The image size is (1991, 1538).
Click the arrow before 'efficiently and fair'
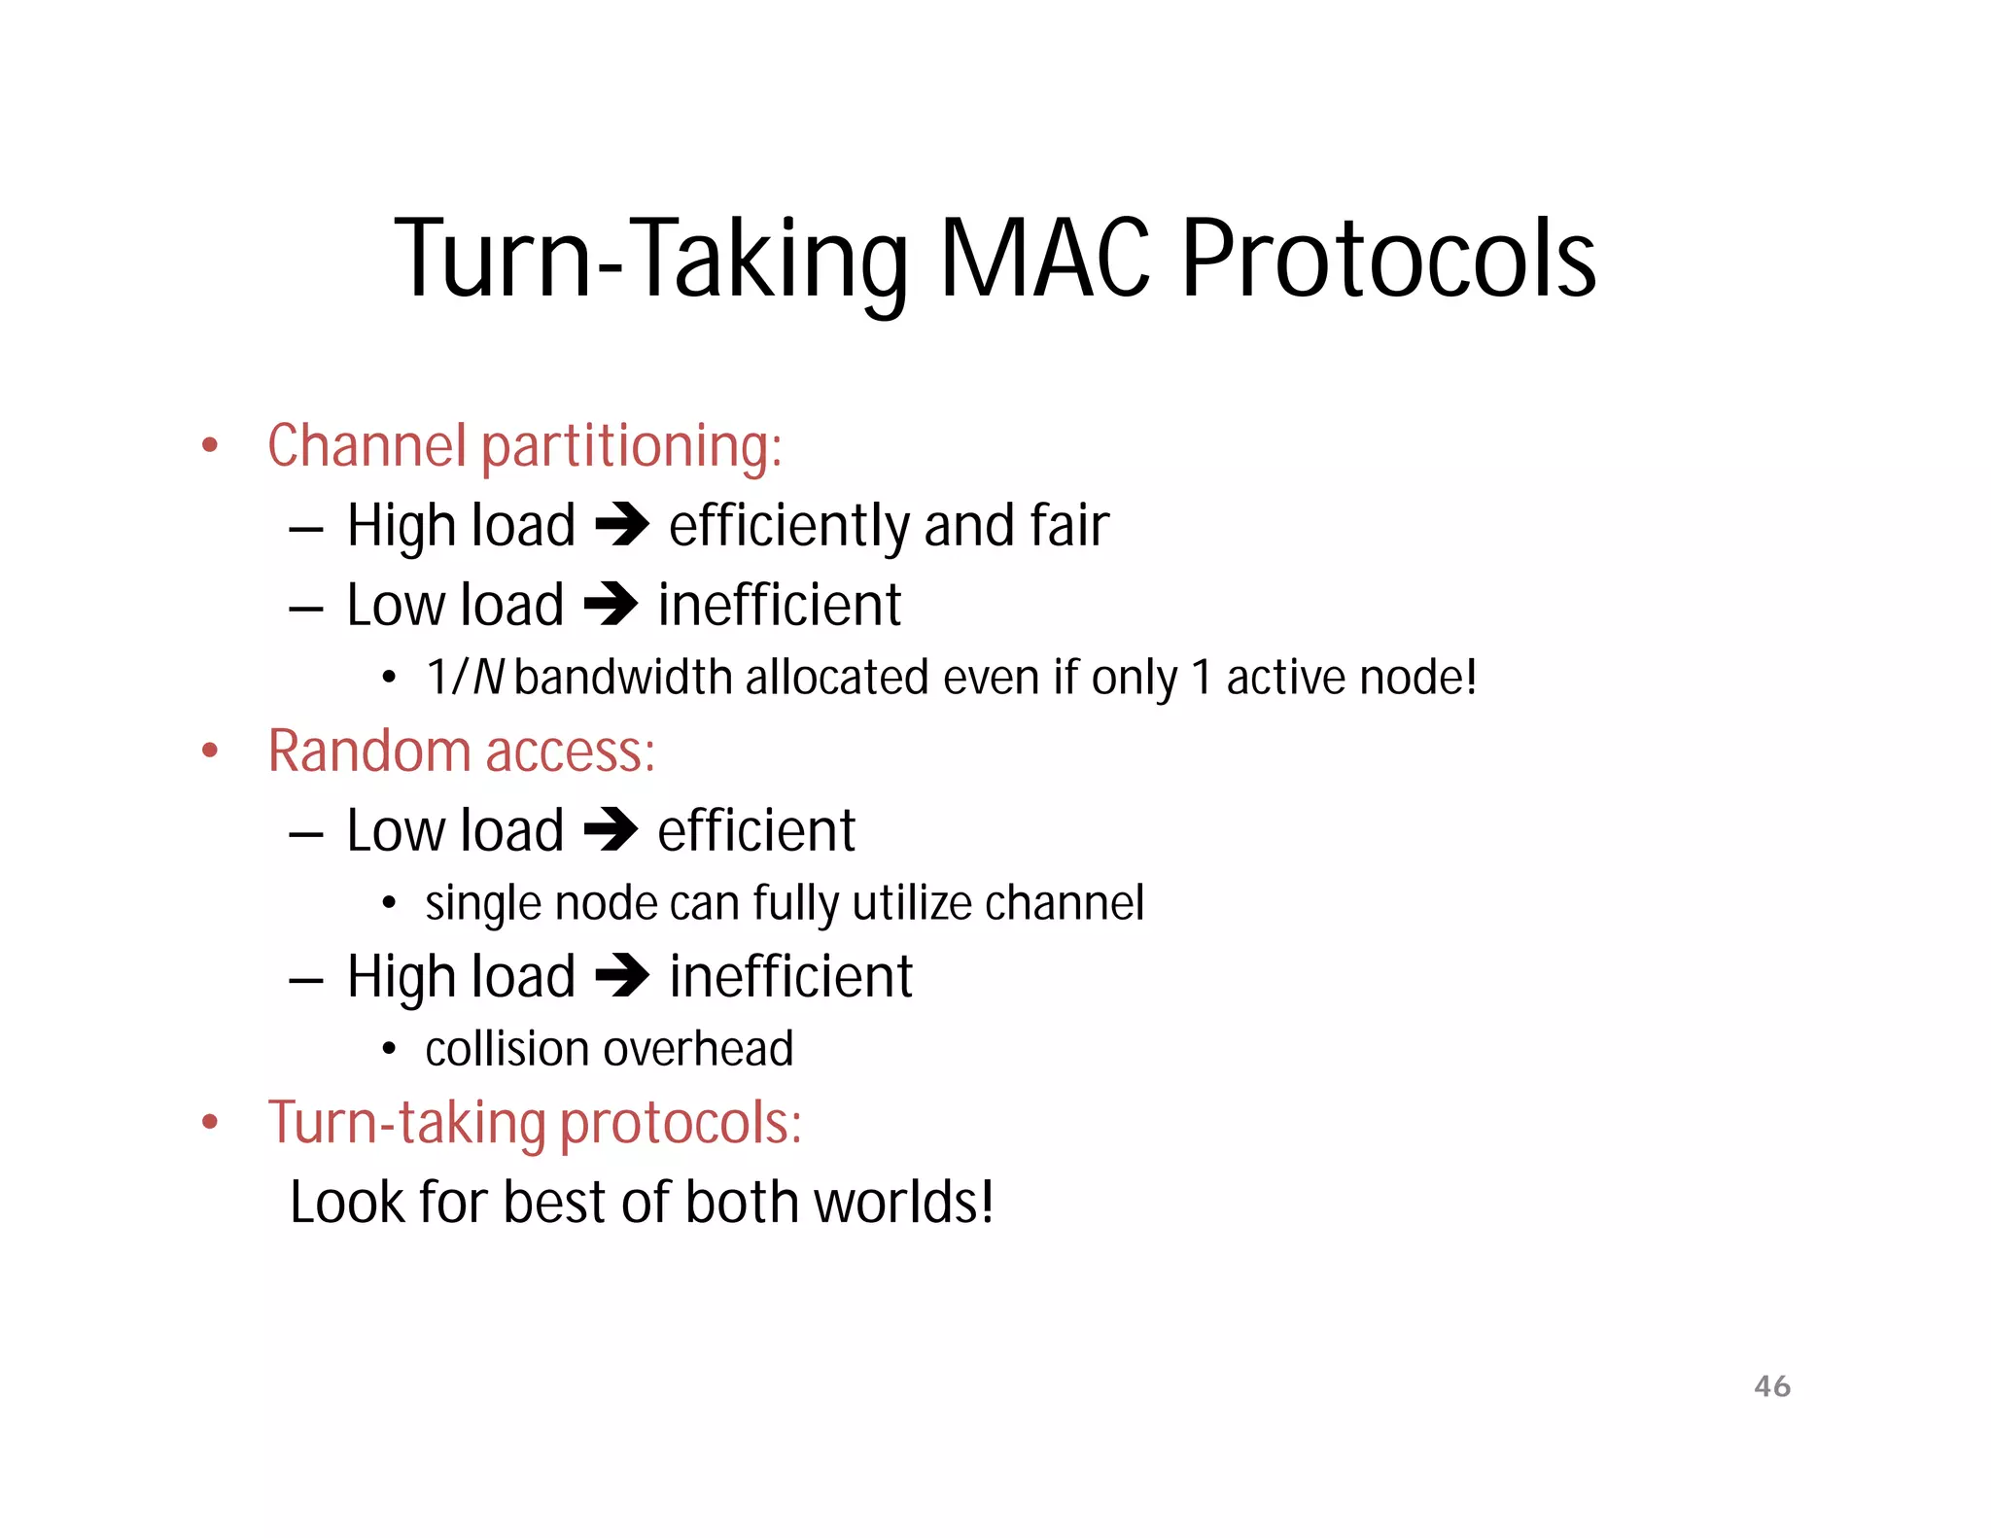tap(622, 526)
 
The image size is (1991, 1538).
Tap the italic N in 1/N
tap(488, 678)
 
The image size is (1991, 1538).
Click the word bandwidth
tap(623, 678)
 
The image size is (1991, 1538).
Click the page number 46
tap(1771, 1386)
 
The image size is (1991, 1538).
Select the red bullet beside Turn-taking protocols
tap(210, 1123)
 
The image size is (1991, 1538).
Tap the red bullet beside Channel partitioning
tap(210, 446)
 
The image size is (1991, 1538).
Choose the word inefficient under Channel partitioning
tap(780, 606)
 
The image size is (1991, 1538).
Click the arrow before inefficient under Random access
tap(622, 977)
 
